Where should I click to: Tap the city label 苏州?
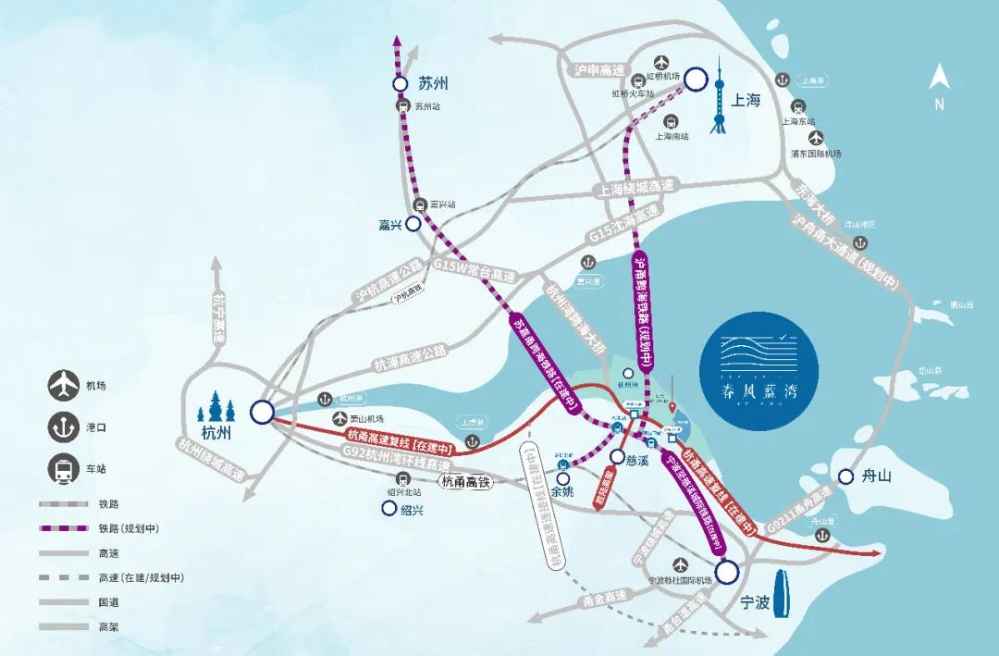point(433,83)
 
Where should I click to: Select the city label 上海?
point(746,100)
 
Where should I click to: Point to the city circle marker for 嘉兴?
point(413,223)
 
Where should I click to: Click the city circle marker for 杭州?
point(263,411)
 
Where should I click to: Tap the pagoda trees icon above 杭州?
point(220,408)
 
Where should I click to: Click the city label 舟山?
point(876,477)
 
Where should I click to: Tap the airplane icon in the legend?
point(63,382)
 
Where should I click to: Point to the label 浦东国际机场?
point(816,154)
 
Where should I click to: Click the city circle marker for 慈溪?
point(619,456)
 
